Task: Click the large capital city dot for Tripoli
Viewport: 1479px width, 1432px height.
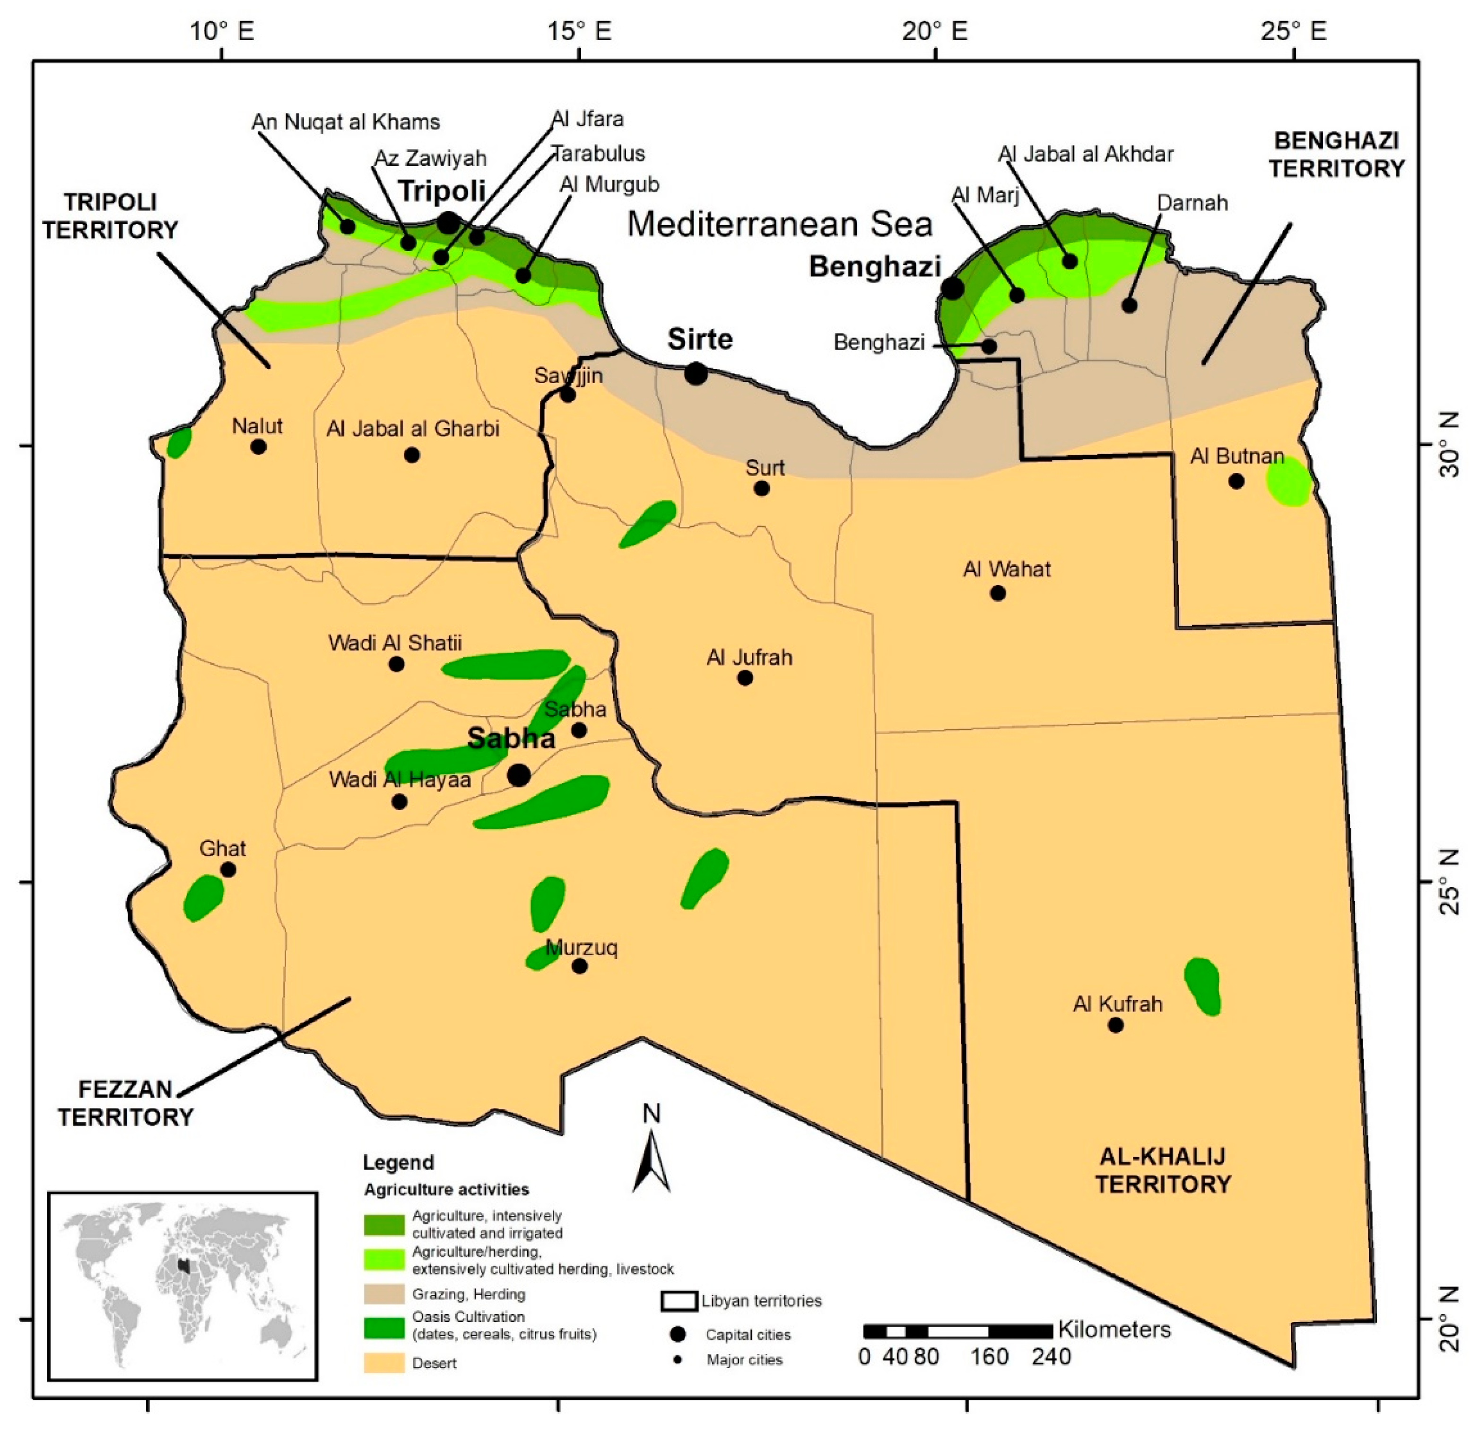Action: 448,223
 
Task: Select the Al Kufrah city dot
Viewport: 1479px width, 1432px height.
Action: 1116,1025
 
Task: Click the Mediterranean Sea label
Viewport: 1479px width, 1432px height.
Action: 780,224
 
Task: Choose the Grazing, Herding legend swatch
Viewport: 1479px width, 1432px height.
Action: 384,1294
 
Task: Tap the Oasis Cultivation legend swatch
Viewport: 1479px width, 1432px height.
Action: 384,1328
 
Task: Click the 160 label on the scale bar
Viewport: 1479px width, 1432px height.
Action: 989,1356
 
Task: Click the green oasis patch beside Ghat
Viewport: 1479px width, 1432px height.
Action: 203,897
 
